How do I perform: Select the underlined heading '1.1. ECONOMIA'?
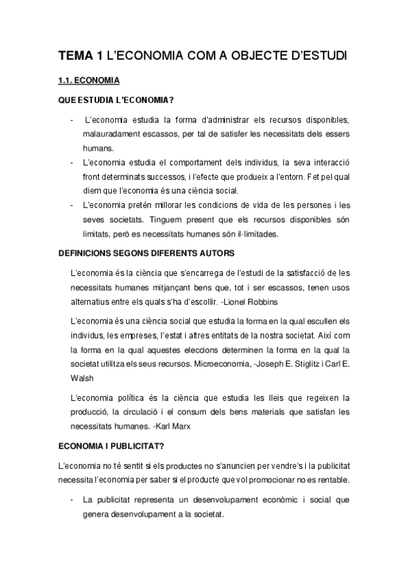coord(89,81)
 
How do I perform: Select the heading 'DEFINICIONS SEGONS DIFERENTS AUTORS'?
coord(146,254)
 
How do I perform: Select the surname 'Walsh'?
coord(83,378)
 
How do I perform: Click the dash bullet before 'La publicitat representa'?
coord(73,500)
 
